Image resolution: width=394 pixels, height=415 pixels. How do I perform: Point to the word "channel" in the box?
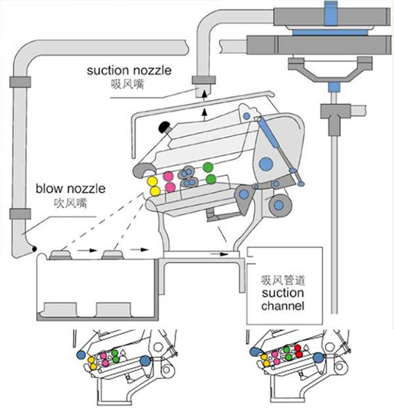[x=282, y=306]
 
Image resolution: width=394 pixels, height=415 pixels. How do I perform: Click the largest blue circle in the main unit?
[x=265, y=164]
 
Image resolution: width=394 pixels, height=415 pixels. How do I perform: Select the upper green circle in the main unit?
[x=208, y=167]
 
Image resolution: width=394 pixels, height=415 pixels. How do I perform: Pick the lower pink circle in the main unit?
[x=170, y=188]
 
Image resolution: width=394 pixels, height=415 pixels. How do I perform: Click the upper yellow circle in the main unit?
[x=152, y=181]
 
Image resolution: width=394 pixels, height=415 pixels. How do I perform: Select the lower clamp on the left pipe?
[x=19, y=215]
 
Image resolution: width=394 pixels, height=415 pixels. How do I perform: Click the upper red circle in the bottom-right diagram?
[x=297, y=347]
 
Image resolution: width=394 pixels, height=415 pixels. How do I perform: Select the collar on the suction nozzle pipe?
[x=203, y=81]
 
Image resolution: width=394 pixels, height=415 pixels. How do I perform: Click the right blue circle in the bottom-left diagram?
[x=145, y=360]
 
